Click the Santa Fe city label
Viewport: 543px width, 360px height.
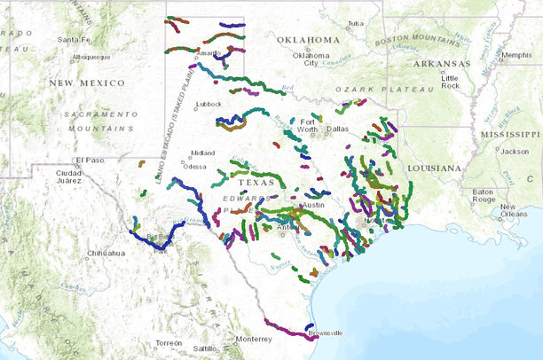coord(74,40)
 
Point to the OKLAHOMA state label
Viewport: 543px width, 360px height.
coord(308,41)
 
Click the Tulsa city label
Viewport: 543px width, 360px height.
coord(356,23)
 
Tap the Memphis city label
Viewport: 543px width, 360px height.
coord(516,55)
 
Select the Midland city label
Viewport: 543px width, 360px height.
coord(202,153)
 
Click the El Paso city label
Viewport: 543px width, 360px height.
coord(90,160)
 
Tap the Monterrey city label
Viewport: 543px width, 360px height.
coord(254,339)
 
